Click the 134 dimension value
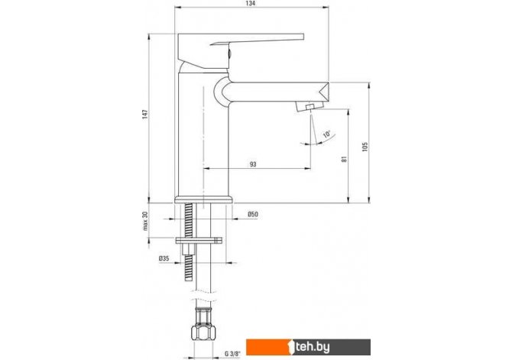(x=251, y=3)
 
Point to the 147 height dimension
(x=145, y=114)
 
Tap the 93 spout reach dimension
(x=253, y=164)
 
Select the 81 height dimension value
(x=344, y=159)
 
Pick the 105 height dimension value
(x=365, y=146)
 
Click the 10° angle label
(x=327, y=134)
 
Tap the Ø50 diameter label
(x=253, y=214)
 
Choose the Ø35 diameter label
(x=164, y=258)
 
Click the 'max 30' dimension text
(x=145, y=221)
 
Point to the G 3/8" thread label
(x=232, y=353)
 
